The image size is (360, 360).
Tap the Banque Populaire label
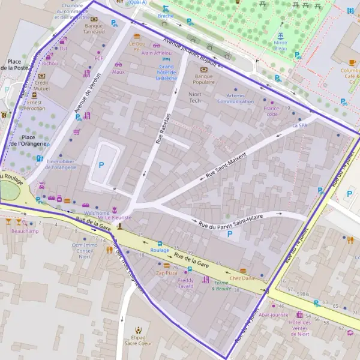click(x=205, y=80)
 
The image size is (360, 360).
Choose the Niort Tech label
click(x=195, y=98)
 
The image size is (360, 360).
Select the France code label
click(x=271, y=111)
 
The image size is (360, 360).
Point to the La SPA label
click(x=299, y=126)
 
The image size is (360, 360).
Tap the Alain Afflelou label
click(x=156, y=53)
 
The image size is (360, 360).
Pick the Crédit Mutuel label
click(x=41, y=85)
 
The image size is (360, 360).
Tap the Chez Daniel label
click(x=242, y=278)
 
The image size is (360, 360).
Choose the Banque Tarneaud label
click(x=94, y=29)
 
